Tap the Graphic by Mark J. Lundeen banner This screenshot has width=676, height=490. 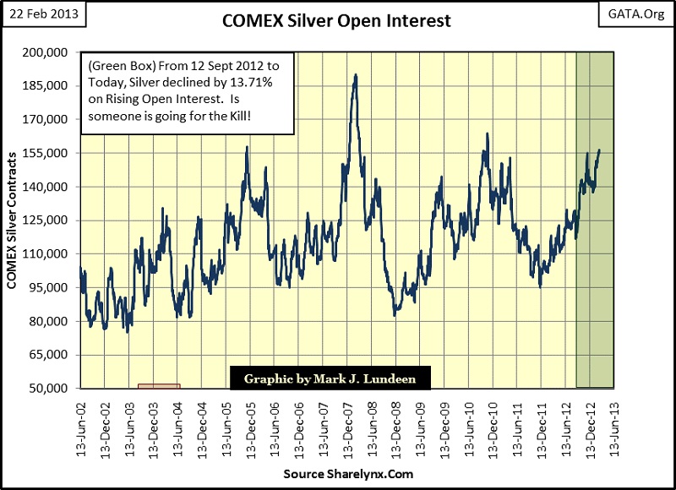tap(330, 378)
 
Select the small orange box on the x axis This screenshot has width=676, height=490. tap(158, 386)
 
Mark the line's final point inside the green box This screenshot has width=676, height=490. tap(599, 150)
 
